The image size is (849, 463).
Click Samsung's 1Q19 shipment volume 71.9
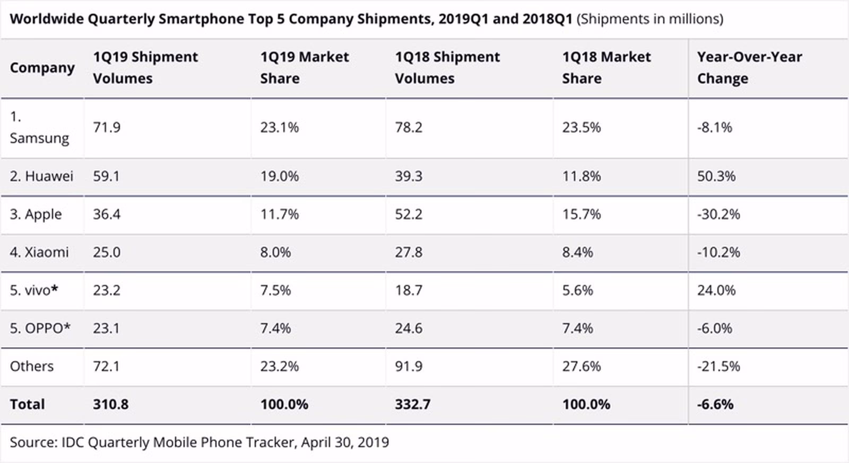[x=107, y=128]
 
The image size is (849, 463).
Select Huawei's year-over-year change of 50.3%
[x=716, y=176]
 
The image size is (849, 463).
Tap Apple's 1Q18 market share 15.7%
[x=581, y=215]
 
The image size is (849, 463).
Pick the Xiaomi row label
[x=39, y=252]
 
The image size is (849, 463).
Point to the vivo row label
[x=34, y=290]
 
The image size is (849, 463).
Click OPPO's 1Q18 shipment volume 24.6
[x=408, y=328]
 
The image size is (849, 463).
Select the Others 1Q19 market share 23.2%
[x=279, y=367]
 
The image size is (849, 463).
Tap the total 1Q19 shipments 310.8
[x=110, y=405]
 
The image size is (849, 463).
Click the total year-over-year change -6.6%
[x=715, y=405]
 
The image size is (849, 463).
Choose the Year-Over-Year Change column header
[x=749, y=68]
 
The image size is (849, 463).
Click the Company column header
[x=42, y=68]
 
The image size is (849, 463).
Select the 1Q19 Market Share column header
[x=304, y=68]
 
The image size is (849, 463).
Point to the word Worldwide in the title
[x=47, y=19]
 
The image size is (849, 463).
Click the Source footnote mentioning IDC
[x=199, y=442]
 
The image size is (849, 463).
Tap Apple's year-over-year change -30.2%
[x=718, y=215]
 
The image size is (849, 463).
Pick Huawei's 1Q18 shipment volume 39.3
[x=408, y=176]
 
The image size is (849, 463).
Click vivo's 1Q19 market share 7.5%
[x=275, y=290]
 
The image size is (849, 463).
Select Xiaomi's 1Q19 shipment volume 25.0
[x=107, y=252]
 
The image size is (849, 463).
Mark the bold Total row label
[x=27, y=405]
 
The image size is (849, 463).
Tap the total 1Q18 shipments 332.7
[x=412, y=405]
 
